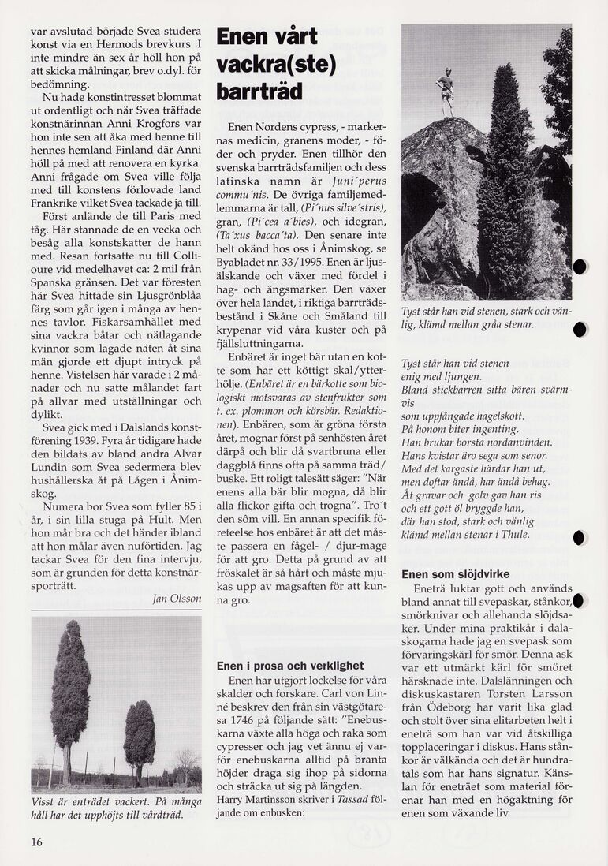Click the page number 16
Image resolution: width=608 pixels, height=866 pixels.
tap(36, 842)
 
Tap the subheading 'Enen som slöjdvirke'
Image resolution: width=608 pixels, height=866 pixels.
tap(455, 574)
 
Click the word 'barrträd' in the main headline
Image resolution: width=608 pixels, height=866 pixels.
tap(259, 92)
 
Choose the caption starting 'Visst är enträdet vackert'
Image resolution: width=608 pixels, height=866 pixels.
tap(115, 807)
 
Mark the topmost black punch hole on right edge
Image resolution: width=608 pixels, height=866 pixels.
tap(580, 267)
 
